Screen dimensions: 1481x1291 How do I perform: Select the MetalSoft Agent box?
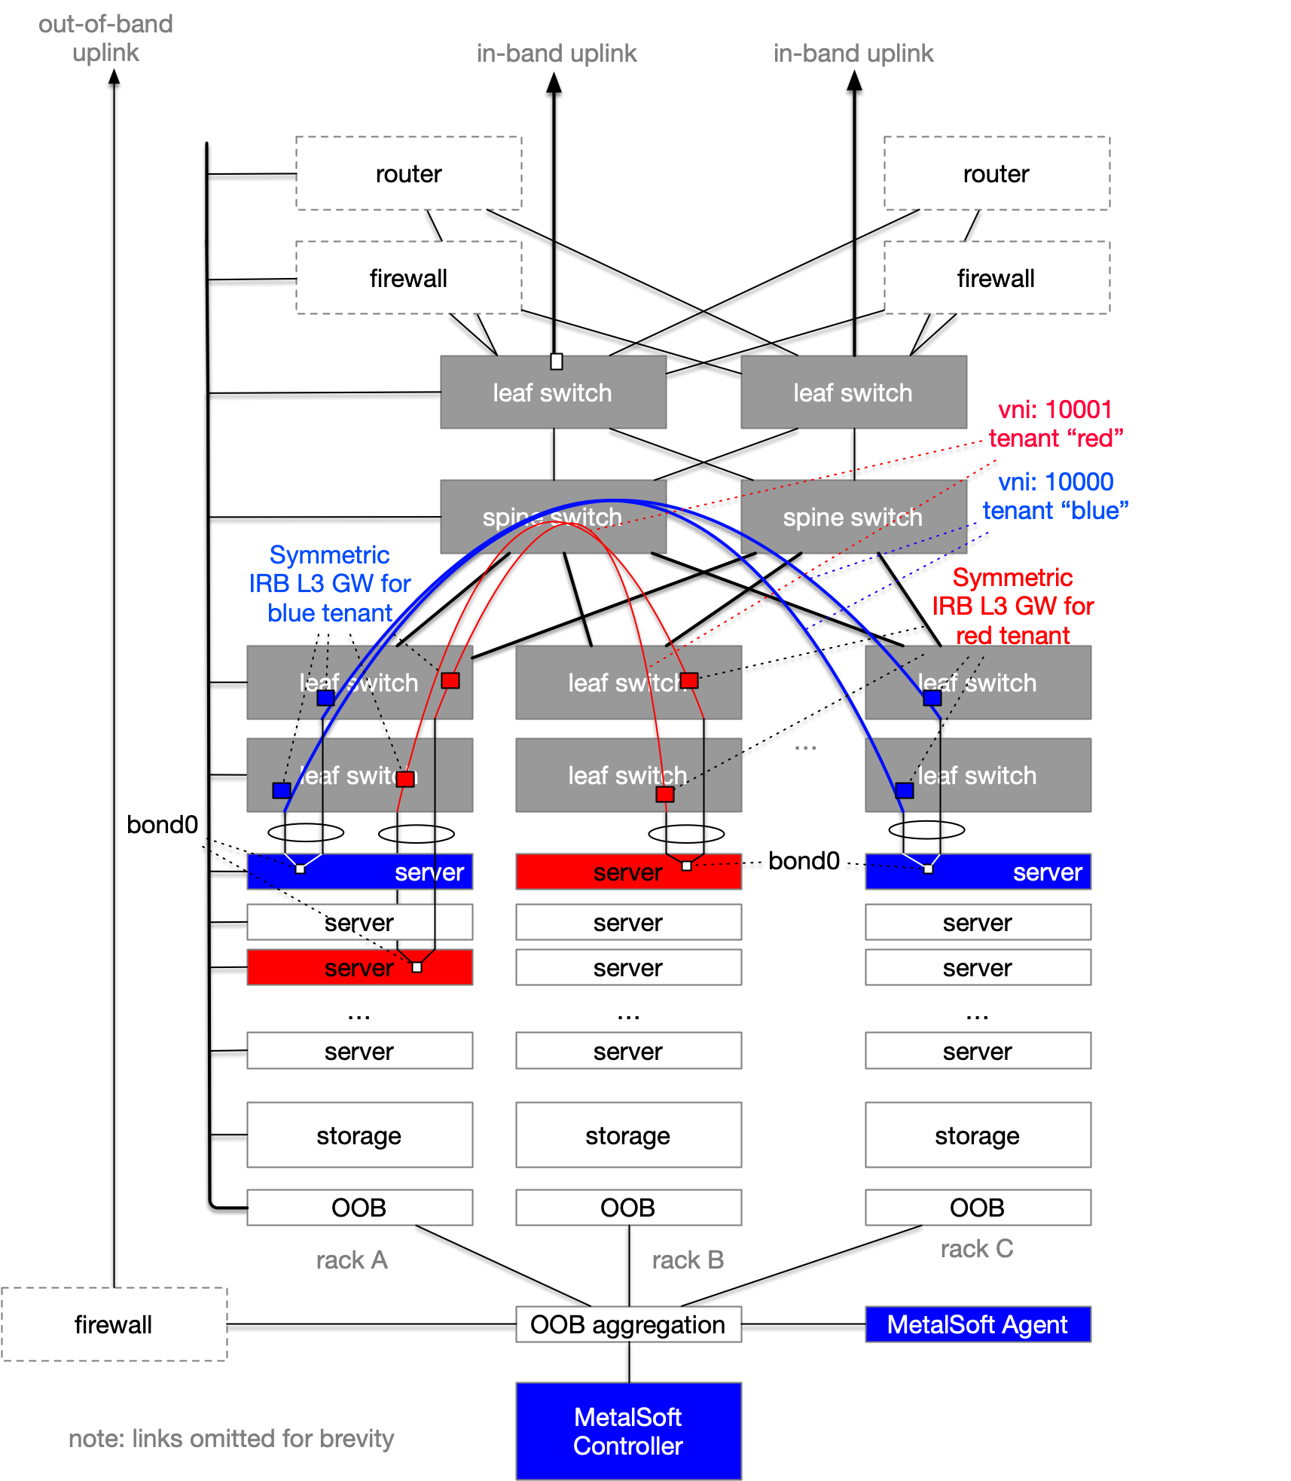(x=977, y=1324)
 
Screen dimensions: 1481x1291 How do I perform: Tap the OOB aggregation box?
(x=628, y=1324)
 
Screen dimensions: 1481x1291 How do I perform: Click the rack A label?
(x=352, y=1260)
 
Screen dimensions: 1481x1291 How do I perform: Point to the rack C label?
(x=976, y=1248)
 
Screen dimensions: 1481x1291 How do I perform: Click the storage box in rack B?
(x=628, y=1134)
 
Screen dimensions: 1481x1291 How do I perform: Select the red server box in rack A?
(x=359, y=967)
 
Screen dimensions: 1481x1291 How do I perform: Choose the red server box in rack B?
(x=628, y=872)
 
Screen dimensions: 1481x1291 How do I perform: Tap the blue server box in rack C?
(x=977, y=872)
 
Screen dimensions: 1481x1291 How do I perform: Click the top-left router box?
(x=408, y=173)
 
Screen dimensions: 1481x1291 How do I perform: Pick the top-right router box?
(x=996, y=173)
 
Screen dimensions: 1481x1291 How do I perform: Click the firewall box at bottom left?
(x=114, y=1324)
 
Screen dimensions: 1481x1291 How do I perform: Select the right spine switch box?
(x=853, y=517)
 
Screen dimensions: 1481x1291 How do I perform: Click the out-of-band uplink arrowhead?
(x=114, y=76)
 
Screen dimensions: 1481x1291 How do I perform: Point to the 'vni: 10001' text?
(x=1054, y=409)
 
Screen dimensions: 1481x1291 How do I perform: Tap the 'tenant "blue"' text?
(x=1054, y=511)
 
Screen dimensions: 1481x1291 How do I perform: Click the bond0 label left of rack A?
(x=162, y=825)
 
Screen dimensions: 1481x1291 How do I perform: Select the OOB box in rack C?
(x=977, y=1207)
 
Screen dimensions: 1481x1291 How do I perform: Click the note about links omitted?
(x=231, y=1438)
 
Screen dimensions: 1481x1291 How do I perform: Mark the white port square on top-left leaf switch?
(x=556, y=362)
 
